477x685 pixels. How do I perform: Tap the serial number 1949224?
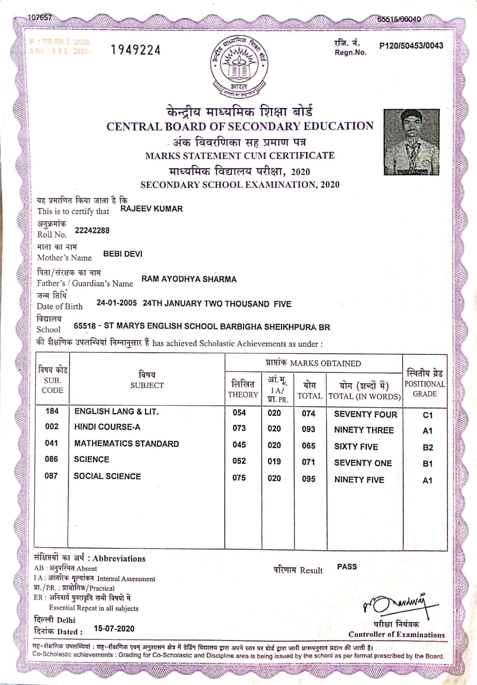[x=135, y=50]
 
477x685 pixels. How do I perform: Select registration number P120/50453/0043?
[x=411, y=45]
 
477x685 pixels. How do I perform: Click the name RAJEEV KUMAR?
[x=152, y=209]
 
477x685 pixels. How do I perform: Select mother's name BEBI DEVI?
[x=123, y=254]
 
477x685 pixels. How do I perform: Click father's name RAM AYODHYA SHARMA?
[x=188, y=279]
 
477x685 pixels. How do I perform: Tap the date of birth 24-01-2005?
[x=117, y=303]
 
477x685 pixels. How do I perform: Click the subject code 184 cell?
[x=51, y=412]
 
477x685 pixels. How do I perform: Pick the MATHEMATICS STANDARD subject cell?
[x=126, y=444]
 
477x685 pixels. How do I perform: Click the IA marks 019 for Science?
[x=274, y=461]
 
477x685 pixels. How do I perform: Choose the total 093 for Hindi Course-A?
[x=308, y=429]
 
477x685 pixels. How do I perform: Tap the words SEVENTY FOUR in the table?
[x=365, y=414]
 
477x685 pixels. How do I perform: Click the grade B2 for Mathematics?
[x=427, y=447]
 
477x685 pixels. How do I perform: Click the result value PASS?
[x=347, y=566]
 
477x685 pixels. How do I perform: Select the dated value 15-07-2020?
[x=114, y=628]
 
